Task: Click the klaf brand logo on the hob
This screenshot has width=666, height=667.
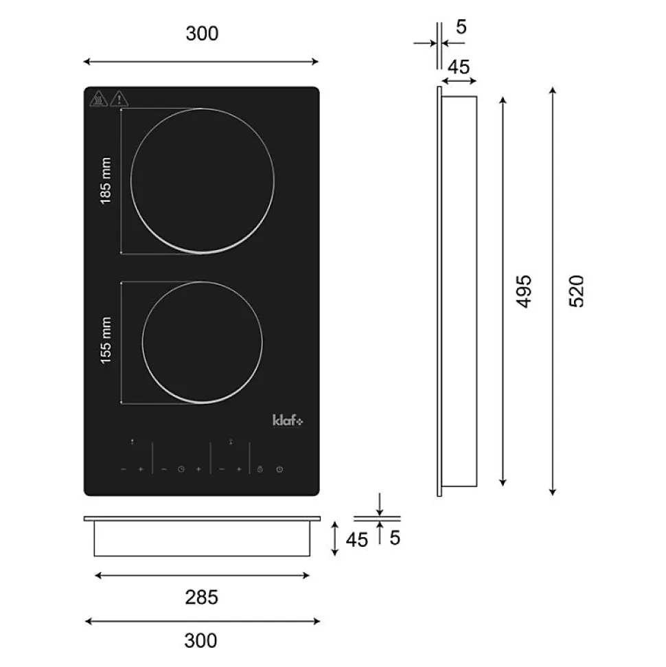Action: click(288, 420)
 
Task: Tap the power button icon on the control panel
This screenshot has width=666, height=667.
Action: click(279, 469)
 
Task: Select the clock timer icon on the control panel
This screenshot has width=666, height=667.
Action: click(181, 469)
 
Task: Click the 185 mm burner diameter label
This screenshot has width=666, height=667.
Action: click(106, 181)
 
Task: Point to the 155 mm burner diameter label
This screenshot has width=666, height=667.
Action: click(106, 340)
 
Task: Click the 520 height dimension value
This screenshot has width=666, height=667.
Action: click(577, 291)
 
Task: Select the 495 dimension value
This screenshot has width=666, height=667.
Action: click(523, 291)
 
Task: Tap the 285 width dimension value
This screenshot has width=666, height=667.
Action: click(202, 597)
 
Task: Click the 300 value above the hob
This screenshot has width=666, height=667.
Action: click(202, 34)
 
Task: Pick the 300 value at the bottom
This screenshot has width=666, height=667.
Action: click(200, 641)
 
